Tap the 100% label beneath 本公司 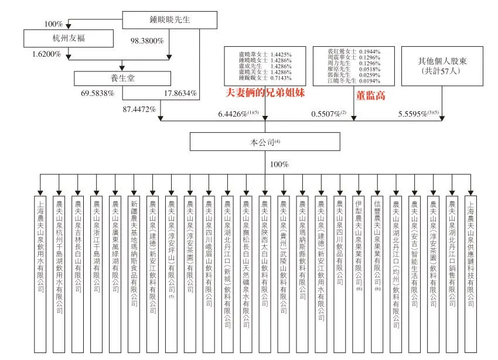tap(279, 164)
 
